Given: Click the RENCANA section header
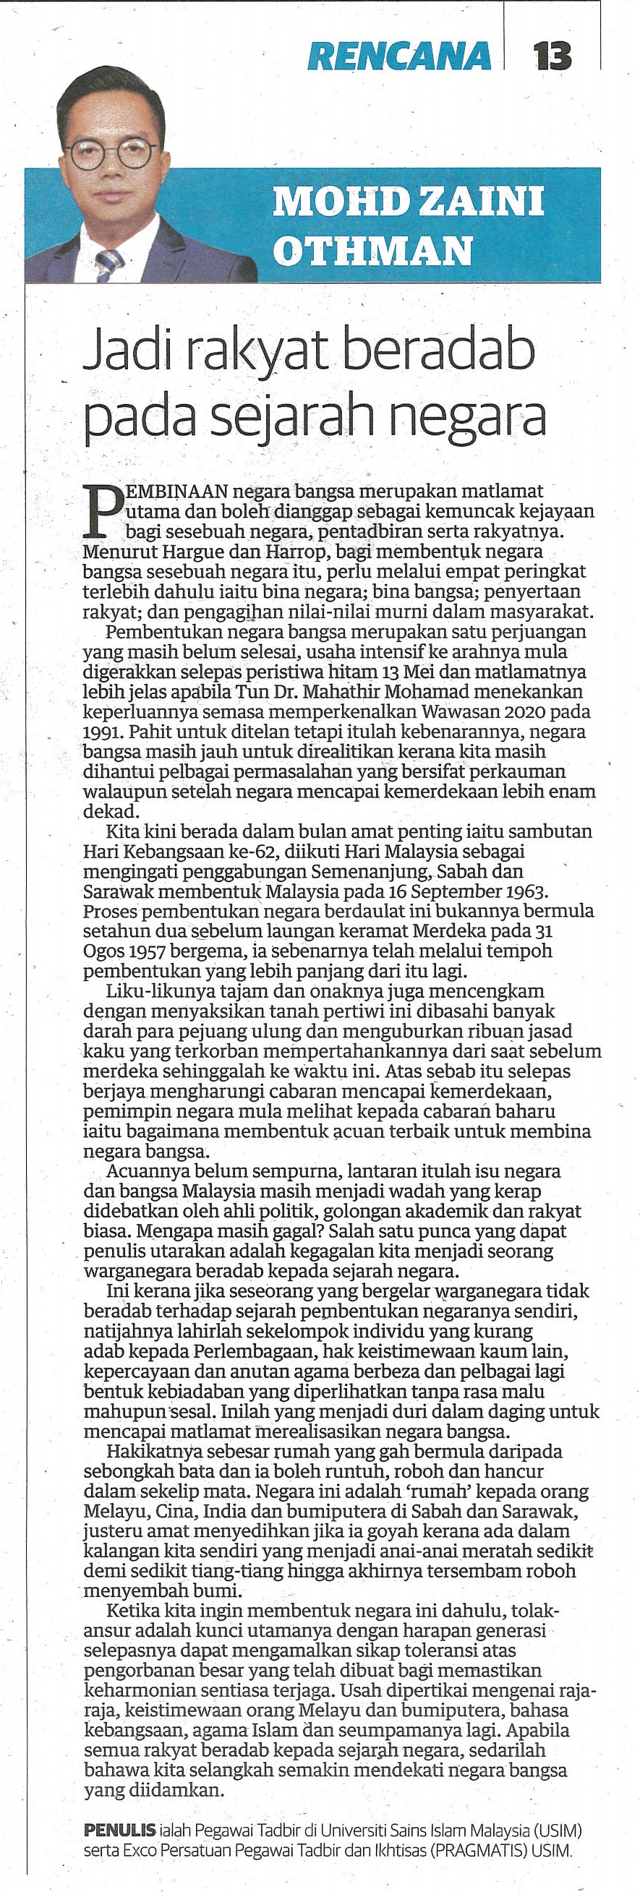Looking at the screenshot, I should [x=399, y=56].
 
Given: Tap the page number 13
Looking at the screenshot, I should [x=552, y=56].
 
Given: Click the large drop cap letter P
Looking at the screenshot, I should [x=101, y=510].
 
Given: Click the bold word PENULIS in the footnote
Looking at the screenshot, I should [x=120, y=1830].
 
